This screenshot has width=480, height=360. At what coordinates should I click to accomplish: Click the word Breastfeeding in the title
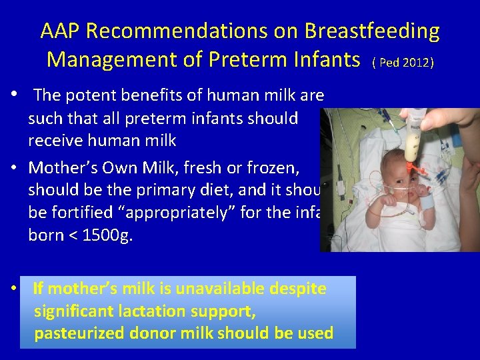pos(372,31)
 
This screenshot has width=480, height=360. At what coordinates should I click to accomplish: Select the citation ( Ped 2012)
pos(403,62)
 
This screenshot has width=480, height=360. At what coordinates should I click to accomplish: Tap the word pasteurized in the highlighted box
pos(79,333)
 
